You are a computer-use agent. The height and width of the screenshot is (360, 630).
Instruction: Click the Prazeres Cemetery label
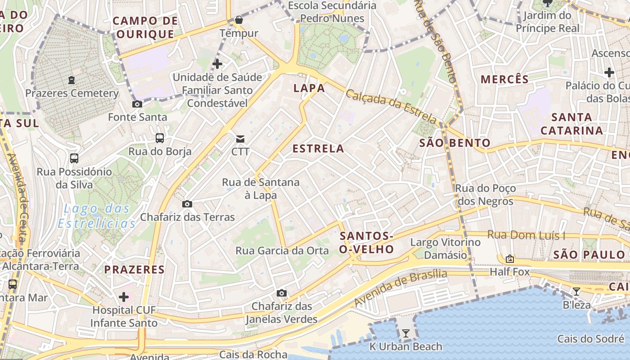click(72, 93)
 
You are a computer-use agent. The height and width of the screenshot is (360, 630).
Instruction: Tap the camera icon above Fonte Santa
click(137, 104)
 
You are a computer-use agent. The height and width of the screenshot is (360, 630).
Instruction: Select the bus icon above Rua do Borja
click(160, 138)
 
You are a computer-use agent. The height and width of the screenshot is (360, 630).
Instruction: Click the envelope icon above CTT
click(240, 139)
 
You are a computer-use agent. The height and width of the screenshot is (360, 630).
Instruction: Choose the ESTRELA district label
click(318, 148)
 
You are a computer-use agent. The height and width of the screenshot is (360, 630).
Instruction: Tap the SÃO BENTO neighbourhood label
click(454, 143)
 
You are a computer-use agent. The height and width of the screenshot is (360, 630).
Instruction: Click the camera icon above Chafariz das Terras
click(187, 204)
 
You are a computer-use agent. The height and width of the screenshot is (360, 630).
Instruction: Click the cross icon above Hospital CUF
click(124, 297)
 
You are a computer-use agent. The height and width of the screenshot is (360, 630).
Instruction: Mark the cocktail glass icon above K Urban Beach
click(406, 333)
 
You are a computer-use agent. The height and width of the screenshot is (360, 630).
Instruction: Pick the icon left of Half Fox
click(510, 258)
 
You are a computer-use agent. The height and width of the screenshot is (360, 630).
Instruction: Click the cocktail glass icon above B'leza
click(576, 292)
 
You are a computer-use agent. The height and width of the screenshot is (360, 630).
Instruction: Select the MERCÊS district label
click(504, 80)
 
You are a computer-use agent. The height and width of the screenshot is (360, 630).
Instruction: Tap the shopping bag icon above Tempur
click(238, 20)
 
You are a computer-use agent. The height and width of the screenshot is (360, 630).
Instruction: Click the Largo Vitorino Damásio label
click(439, 248)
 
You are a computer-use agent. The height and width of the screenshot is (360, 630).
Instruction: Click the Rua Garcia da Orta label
click(282, 251)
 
